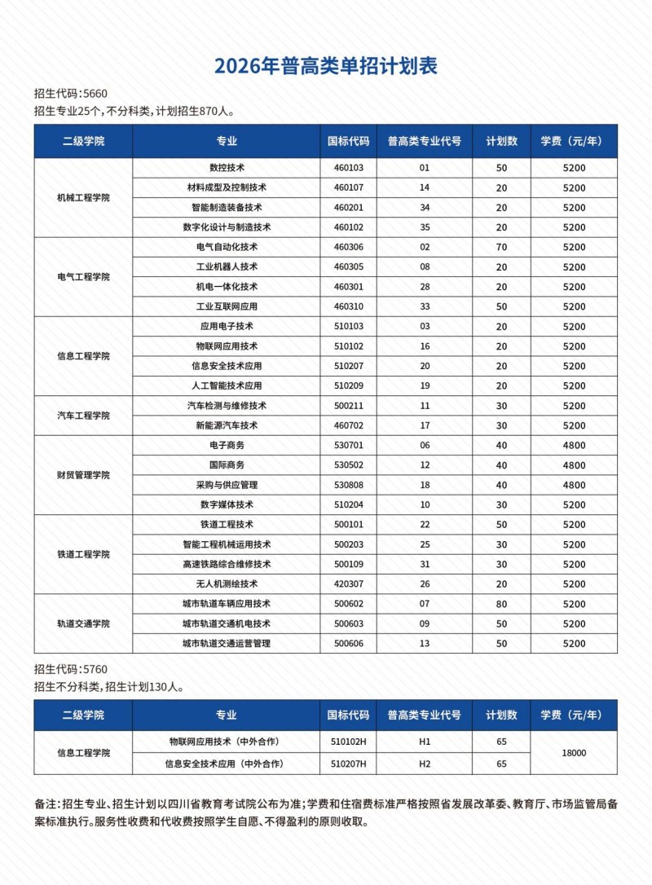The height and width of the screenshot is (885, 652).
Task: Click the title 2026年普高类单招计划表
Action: click(x=326, y=66)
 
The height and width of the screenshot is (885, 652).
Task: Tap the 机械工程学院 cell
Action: click(x=83, y=197)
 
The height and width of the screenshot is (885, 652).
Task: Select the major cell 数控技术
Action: click(x=227, y=168)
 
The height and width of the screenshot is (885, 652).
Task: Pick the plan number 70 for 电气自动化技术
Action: click(x=501, y=247)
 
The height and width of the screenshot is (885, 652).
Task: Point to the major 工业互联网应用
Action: click(x=227, y=306)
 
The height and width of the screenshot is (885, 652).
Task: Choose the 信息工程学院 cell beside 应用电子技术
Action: click(x=83, y=356)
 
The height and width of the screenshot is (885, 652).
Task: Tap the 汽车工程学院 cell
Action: click(x=83, y=416)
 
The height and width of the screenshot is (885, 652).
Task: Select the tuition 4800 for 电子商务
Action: click(x=574, y=446)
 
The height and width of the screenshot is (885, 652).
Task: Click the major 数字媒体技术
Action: click(x=227, y=505)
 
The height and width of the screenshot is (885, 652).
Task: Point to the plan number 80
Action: click(x=501, y=605)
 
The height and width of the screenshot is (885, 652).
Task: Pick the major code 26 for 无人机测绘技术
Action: click(x=424, y=584)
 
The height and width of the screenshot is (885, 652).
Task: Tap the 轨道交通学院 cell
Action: click(x=83, y=623)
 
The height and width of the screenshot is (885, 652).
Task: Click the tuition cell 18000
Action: click(x=574, y=753)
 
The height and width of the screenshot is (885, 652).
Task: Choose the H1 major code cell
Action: click(x=424, y=742)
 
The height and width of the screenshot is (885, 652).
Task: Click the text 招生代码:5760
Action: click(x=71, y=670)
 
